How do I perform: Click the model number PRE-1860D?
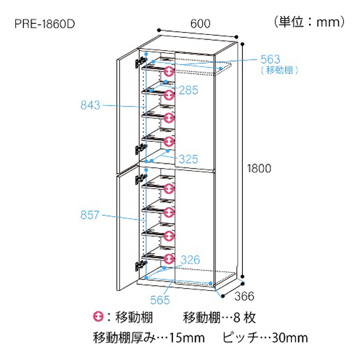click(45, 24)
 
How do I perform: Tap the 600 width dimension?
click(200, 23)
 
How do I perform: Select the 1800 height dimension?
click(259, 168)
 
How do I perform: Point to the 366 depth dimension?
click(244, 296)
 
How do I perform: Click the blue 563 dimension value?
click(271, 59)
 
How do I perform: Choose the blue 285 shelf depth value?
click(188, 90)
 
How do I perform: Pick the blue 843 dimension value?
click(90, 105)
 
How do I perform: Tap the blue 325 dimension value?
click(188, 159)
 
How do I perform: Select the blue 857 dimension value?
click(89, 215)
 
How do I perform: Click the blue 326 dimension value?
click(191, 260)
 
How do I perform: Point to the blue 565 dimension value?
click(160, 300)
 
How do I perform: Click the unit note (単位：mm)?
click(309, 22)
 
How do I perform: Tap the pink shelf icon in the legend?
click(98, 316)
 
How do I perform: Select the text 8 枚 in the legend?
click(244, 317)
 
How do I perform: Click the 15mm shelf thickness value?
click(187, 337)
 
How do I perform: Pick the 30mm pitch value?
click(290, 337)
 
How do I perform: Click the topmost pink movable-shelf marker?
click(169, 71)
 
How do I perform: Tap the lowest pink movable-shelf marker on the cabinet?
click(169, 259)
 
